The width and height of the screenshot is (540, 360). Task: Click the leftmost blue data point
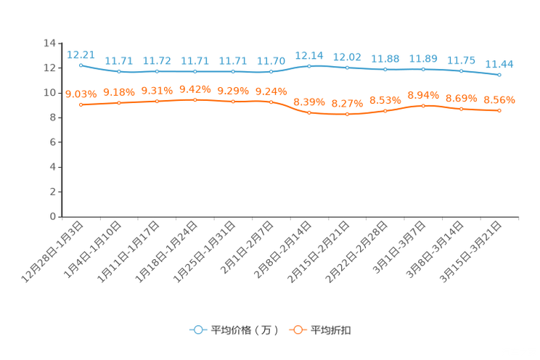coord(81,65)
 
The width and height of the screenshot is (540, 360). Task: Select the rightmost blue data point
coord(499,75)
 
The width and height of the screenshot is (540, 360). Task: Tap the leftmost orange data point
coord(81,105)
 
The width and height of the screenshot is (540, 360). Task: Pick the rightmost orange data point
coord(499,110)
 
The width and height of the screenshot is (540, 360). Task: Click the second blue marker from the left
coord(119,72)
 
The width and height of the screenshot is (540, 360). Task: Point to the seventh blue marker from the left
coord(309,66)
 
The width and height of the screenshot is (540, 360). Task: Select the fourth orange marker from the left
coord(195,99)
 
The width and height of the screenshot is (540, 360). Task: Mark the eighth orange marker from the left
coord(347,114)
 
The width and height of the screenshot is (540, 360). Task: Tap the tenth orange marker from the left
coord(423,106)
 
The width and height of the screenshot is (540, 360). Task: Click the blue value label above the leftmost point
coord(81,54)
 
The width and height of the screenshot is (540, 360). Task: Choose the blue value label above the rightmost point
coord(499,64)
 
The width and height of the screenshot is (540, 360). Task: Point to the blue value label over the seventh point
coord(309,55)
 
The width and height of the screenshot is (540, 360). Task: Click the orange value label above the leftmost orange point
coord(81,94)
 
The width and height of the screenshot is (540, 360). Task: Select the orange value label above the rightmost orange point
coord(499,100)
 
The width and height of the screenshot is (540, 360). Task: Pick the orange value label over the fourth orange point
coord(195,89)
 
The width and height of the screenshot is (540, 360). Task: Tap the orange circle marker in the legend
coord(297,330)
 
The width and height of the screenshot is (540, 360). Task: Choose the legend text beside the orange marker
coord(331,330)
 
